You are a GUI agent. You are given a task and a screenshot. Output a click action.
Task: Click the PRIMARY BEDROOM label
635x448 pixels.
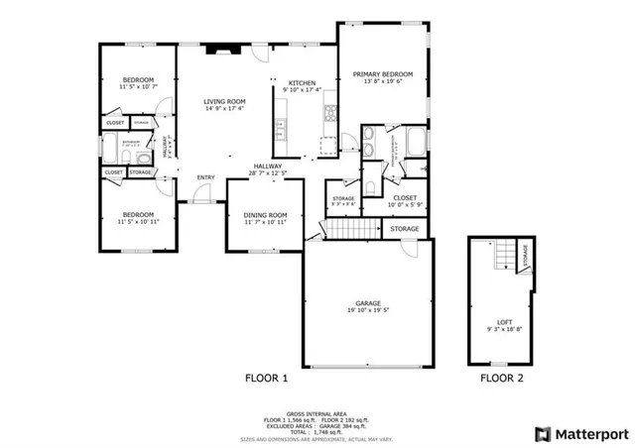(x=383, y=74)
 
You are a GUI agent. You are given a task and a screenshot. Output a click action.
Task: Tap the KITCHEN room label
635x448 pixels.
(x=302, y=83)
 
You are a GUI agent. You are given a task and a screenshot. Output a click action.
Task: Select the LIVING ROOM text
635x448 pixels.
(x=225, y=101)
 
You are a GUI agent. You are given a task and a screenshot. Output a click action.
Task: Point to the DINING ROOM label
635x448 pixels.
(x=266, y=215)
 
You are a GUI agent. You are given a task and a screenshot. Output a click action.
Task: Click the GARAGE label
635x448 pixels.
(x=368, y=303)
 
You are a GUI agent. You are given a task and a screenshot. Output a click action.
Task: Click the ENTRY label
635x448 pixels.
(x=205, y=177)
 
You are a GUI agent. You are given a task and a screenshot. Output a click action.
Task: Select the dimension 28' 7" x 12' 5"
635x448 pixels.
(x=268, y=173)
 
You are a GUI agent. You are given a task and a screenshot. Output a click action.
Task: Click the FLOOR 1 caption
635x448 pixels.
(x=266, y=378)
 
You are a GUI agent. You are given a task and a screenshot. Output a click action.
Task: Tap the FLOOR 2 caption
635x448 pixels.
(x=503, y=378)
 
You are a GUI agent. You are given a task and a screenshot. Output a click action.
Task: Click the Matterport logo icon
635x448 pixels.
(x=542, y=433)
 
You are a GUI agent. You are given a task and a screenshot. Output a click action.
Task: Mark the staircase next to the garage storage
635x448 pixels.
(x=349, y=230)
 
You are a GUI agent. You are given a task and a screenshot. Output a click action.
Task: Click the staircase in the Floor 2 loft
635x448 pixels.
(x=508, y=256)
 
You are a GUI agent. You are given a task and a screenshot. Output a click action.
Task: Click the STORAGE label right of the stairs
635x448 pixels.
(x=404, y=229)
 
